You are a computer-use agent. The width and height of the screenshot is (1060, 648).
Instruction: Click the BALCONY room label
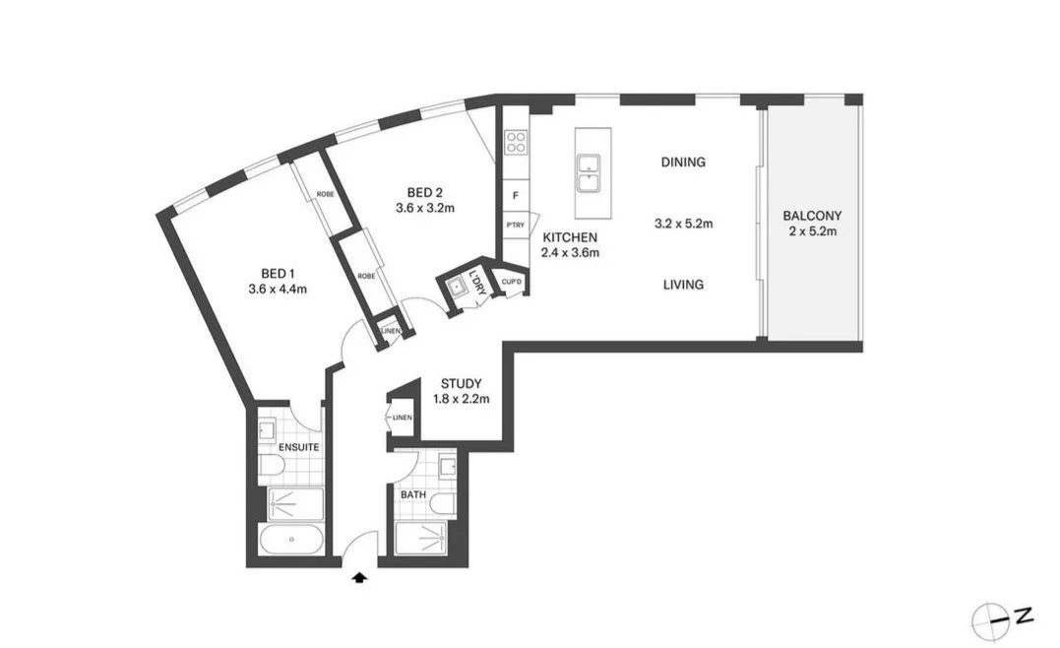pos(812,216)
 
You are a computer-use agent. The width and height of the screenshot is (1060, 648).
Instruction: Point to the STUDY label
pos(461,383)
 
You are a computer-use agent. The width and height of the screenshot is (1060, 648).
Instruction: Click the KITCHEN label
pos(570,237)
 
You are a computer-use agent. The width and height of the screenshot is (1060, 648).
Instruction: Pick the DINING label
pos(683,162)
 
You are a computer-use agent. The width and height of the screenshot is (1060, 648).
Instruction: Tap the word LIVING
pos(683,285)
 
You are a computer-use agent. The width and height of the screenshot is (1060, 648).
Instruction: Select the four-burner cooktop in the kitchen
pos(516,143)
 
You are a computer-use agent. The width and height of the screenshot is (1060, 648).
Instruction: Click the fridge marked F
pos(516,195)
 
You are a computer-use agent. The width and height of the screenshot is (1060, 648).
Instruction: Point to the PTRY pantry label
pos(515,226)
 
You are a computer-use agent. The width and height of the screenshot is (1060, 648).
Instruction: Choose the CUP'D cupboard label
pos(511,282)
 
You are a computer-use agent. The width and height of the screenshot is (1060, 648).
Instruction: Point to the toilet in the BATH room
pos(442,504)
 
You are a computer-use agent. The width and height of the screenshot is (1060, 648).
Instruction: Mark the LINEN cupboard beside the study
pos(402,419)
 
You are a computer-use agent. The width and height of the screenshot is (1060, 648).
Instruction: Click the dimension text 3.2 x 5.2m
pos(683,224)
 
